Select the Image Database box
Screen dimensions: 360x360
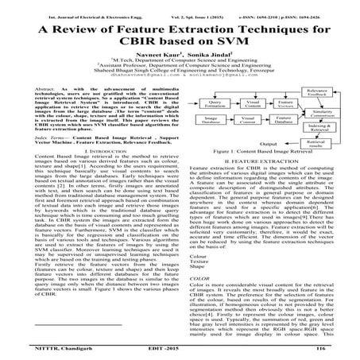211,145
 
